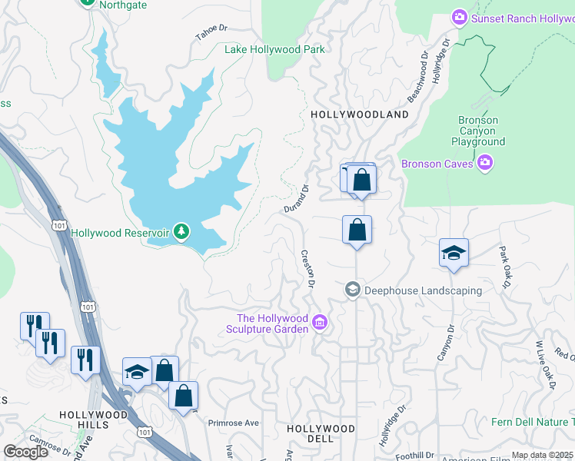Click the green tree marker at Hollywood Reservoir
[x=181, y=231]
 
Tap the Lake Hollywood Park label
[x=274, y=49]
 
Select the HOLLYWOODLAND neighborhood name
[x=360, y=114]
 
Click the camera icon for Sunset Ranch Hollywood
[x=460, y=17]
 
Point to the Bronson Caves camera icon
[x=484, y=163]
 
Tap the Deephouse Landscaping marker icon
[x=353, y=290]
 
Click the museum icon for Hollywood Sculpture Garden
[x=321, y=323]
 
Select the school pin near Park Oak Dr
[x=454, y=253]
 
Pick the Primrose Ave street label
[x=234, y=423]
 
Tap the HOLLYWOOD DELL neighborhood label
[x=321, y=433]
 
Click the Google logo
[x=25, y=452]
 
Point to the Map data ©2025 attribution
[x=542, y=455]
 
